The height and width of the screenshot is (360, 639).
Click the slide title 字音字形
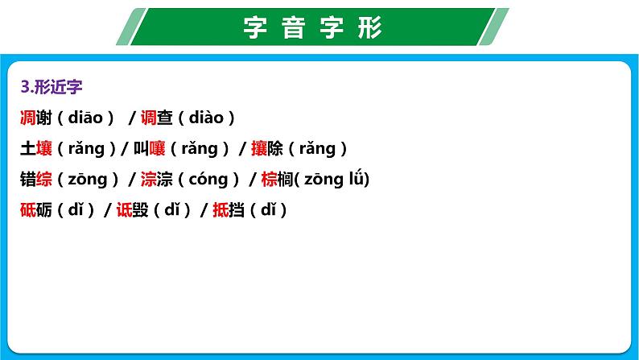click(x=313, y=28)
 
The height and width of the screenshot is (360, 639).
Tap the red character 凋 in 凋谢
click(x=27, y=118)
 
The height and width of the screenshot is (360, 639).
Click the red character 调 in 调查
click(x=148, y=118)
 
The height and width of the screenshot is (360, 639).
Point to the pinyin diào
click(x=206, y=118)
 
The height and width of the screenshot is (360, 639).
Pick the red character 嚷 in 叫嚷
click(x=159, y=148)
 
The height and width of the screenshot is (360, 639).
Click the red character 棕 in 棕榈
click(x=269, y=179)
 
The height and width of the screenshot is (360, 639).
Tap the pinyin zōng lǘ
click(x=334, y=179)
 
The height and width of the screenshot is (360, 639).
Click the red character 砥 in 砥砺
click(x=27, y=209)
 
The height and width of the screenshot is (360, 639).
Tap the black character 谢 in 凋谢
click(x=46, y=118)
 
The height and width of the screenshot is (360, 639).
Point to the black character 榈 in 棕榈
click(x=287, y=179)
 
